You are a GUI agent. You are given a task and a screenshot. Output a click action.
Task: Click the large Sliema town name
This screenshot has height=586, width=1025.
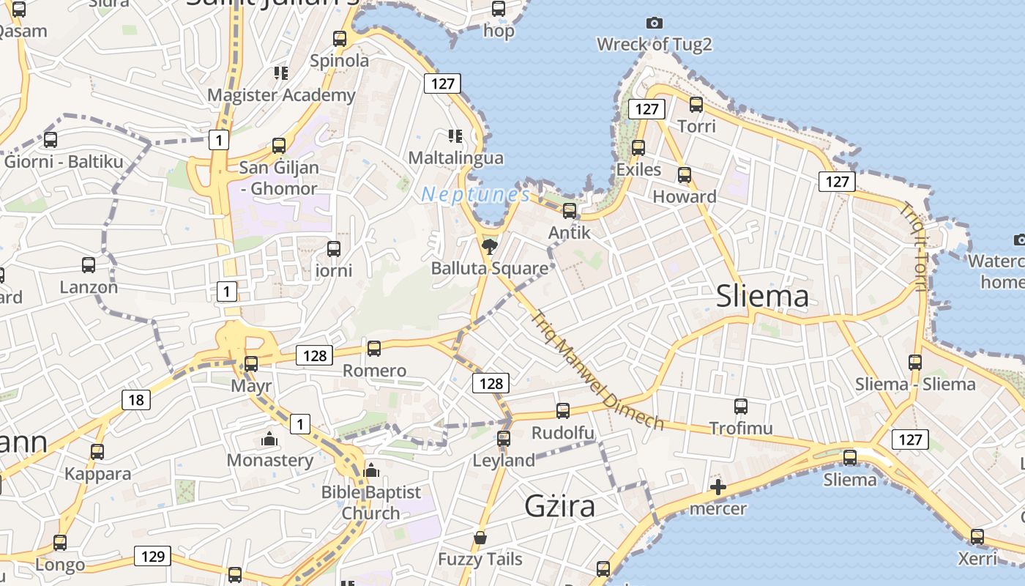point(762,296)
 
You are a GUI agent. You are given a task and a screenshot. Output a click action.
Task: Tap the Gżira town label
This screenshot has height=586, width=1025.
point(560,506)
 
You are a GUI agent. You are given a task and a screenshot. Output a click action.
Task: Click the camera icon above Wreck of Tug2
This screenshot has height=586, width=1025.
point(655,23)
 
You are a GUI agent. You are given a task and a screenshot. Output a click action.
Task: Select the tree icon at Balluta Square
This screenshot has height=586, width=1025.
point(489,246)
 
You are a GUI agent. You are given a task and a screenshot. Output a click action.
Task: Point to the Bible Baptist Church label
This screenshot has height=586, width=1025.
point(371,502)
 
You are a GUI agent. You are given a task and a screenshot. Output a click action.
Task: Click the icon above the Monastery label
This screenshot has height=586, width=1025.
point(269,439)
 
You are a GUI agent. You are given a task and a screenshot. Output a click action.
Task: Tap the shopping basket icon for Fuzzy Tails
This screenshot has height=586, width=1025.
point(480,538)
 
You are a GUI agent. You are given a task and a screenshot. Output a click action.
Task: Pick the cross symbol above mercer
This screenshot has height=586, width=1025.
point(717,487)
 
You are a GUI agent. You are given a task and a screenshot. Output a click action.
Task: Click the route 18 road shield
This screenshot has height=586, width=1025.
point(135,400)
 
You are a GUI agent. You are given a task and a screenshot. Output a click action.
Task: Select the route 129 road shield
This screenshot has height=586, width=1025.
point(152,556)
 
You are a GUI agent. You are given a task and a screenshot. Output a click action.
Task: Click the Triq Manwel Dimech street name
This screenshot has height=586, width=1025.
point(596,371)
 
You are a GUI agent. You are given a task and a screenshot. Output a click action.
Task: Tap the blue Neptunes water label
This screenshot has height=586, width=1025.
point(476,195)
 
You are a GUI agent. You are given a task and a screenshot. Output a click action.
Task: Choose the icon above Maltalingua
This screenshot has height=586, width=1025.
point(455,136)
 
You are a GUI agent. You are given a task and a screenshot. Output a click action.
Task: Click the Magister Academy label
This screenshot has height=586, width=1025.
point(281,94)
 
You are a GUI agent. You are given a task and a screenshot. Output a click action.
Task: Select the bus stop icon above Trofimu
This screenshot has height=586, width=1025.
point(740,406)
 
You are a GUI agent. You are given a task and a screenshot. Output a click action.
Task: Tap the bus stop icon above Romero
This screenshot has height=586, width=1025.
point(374,348)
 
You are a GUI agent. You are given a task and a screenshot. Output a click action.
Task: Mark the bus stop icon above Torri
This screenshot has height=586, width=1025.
point(696,104)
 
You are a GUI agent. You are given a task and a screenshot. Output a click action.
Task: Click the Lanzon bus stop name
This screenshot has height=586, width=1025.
point(89,287)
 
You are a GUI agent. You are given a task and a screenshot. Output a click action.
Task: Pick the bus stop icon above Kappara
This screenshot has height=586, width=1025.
point(97,452)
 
